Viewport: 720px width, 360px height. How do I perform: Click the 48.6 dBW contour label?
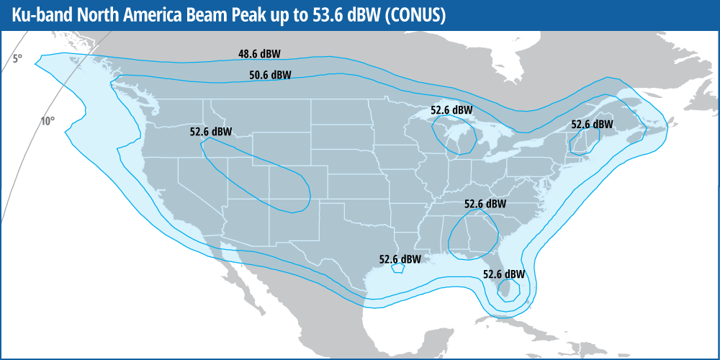pyautogui.click(x=259, y=53)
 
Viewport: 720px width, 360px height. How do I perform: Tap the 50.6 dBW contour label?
pyautogui.click(x=270, y=75)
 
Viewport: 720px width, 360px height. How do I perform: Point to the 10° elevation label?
pyautogui.click(x=47, y=121)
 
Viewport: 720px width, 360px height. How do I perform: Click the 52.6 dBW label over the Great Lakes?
pyautogui.click(x=451, y=110)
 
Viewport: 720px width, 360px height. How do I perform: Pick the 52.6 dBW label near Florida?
pyautogui.click(x=504, y=274)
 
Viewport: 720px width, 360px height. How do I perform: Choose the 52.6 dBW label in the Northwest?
pyautogui.click(x=211, y=132)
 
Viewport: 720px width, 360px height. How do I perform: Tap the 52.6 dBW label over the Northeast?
pyautogui.click(x=592, y=124)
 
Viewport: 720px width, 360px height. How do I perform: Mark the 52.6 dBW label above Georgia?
pyautogui.click(x=485, y=204)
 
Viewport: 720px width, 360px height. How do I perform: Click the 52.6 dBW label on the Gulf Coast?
pyautogui.click(x=400, y=259)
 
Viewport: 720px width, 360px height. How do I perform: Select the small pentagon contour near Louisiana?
pyautogui.click(x=397, y=269)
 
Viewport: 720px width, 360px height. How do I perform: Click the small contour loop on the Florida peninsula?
pyautogui.click(x=508, y=290)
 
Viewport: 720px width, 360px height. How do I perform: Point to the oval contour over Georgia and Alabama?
pyautogui.click(x=472, y=235)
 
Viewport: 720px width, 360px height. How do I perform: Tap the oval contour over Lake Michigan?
pyautogui.click(x=454, y=135)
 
